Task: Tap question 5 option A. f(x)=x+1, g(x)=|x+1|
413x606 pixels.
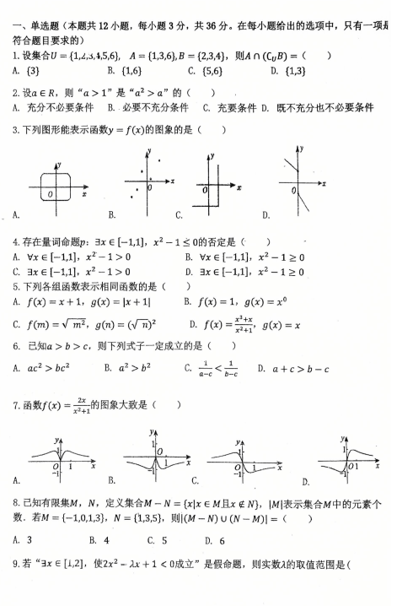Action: (77, 300)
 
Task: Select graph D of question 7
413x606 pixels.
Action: (348, 460)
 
